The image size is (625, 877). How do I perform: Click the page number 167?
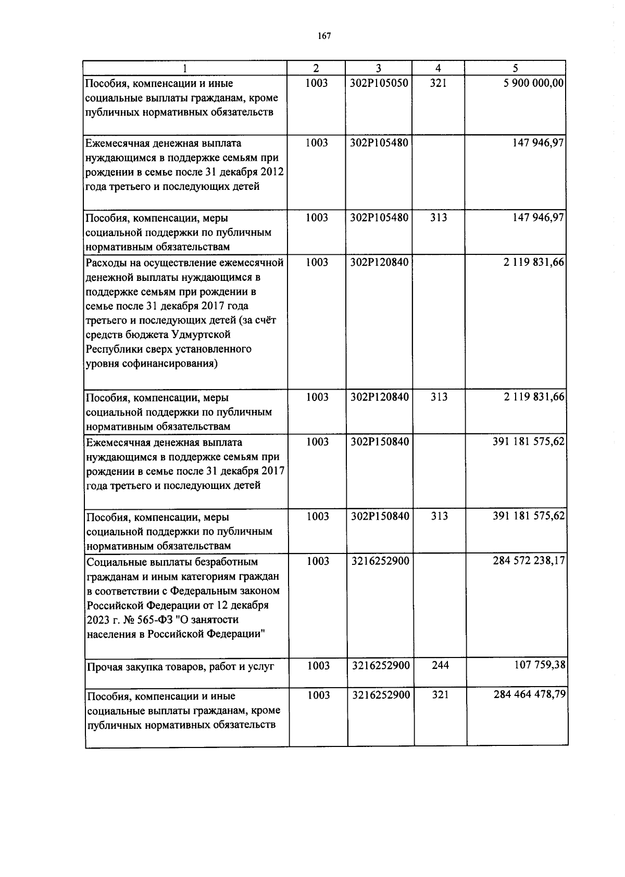pyautogui.click(x=324, y=36)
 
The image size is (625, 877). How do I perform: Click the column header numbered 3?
pyautogui.click(x=379, y=68)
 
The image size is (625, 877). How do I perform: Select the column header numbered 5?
pyautogui.click(x=515, y=68)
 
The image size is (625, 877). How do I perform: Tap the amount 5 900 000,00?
pyautogui.click(x=534, y=83)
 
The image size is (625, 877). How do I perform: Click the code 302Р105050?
pyautogui.click(x=379, y=83)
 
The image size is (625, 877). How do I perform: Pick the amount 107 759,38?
pyautogui.click(x=540, y=665)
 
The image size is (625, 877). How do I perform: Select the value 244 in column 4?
pyautogui.click(x=440, y=665)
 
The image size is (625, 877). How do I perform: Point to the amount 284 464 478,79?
pyautogui.click(x=530, y=694)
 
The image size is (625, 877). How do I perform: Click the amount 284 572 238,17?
pyautogui.click(x=529, y=561)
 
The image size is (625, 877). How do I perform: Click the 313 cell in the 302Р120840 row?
pyautogui.click(x=439, y=397)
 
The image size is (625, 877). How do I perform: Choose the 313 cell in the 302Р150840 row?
pyautogui.click(x=439, y=517)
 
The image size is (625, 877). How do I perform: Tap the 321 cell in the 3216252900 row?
pyautogui.click(x=440, y=694)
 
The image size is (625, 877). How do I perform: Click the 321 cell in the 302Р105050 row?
pyautogui.click(x=438, y=83)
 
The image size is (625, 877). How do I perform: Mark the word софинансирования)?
pyautogui.click(x=170, y=364)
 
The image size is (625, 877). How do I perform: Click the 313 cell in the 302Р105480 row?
pyautogui.click(x=439, y=217)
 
